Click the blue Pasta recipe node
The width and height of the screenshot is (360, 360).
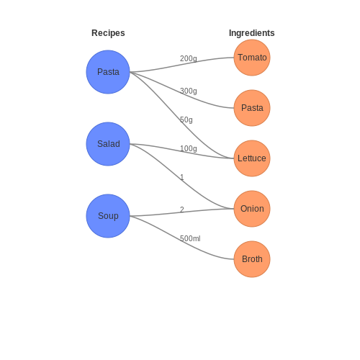click(108, 72)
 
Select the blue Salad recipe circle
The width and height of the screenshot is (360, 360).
click(108, 144)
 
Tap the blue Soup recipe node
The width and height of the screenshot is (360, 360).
click(108, 216)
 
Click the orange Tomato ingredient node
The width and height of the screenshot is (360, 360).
click(252, 58)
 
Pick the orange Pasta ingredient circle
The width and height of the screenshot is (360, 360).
click(252, 108)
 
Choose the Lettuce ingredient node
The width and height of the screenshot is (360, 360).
click(252, 158)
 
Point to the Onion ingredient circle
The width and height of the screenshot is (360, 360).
click(252, 209)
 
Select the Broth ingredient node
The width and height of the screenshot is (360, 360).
click(252, 259)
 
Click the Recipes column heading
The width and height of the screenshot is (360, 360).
click(108, 33)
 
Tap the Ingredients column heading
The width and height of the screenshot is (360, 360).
click(252, 33)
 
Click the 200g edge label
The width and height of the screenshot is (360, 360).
click(189, 58)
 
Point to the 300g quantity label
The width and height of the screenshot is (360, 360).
click(189, 91)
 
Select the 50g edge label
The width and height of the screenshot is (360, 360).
click(186, 120)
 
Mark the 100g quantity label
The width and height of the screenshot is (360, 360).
click(189, 148)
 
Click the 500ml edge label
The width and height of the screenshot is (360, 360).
click(190, 238)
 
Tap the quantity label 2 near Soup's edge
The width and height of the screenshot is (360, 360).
click(182, 210)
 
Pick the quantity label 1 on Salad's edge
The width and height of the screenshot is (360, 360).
click(182, 177)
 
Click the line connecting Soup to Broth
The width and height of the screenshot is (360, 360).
click(182, 240)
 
